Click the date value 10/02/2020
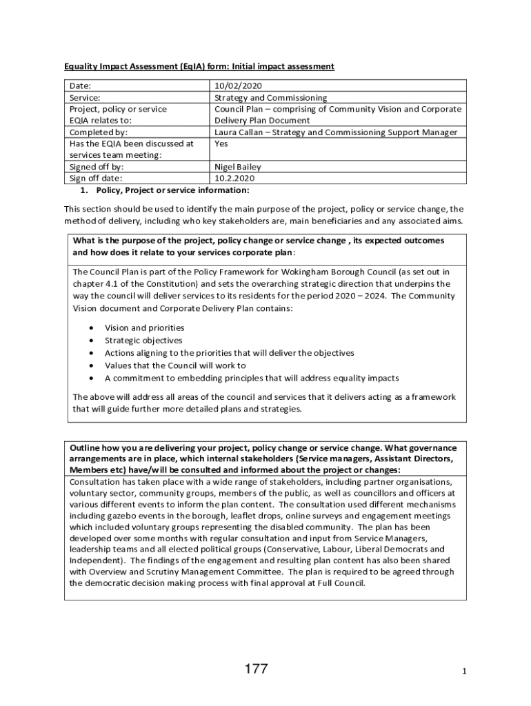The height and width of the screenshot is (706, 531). [238, 86]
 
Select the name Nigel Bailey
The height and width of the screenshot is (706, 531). [238, 167]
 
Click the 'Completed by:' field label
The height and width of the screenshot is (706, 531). [99, 132]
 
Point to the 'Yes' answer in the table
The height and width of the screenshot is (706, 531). [221, 143]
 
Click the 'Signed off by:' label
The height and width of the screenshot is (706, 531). [97, 167]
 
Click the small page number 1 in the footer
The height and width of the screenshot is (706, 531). [465, 672]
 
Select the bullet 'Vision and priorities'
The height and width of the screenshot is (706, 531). [144, 328]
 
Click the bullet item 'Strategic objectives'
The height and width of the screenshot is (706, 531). [143, 341]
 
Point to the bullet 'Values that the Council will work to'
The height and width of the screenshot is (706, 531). [175, 365]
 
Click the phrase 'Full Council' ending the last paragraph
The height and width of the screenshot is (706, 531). [340, 583]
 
